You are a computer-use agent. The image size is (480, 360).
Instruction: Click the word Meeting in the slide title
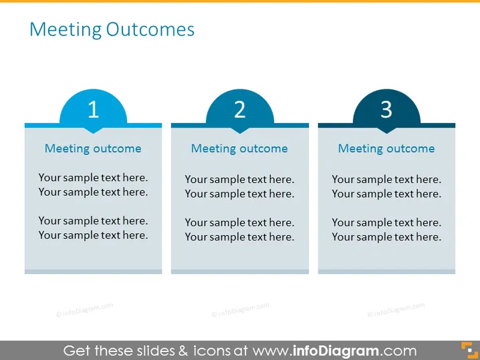(x=66, y=30)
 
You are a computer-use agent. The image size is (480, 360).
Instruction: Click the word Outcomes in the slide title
(x=150, y=29)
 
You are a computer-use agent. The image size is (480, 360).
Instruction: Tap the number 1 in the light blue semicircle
(x=94, y=110)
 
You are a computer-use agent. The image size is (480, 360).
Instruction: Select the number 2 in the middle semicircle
(x=240, y=110)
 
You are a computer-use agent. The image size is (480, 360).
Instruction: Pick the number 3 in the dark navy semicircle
(x=386, y=110)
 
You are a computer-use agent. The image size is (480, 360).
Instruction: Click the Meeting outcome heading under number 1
(x=93, y=149)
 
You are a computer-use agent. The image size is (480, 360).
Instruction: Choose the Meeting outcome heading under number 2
(x=239, y=149)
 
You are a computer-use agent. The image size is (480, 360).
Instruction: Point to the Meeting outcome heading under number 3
(x=386, y=149)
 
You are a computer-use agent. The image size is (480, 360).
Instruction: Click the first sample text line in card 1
(x=93, y=178)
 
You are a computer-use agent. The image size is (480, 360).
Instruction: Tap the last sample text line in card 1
(x=93, y=235)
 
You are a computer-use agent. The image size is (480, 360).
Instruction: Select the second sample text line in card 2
(x=239, y=194)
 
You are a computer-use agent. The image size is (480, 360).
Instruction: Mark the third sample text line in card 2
(x=239, y=222)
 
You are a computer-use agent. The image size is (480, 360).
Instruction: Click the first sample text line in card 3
(x=386, y=180)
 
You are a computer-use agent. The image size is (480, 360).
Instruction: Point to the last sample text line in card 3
(x=386, y=237)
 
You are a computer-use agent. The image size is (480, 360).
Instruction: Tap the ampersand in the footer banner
(x=183, y=351)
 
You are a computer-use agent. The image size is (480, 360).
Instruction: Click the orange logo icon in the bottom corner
(x=469, y=350)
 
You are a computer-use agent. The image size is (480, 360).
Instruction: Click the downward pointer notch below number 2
(x=240, y=131)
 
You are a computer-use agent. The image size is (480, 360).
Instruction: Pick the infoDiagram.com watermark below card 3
(x=396, y=310)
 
